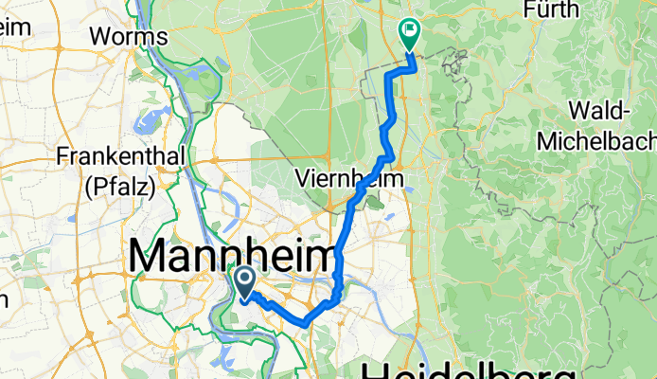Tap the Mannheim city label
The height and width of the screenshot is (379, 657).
click(x=230, y=257)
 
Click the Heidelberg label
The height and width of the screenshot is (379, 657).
click(x=469, y=370)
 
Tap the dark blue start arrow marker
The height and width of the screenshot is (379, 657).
click(x=243, y=282)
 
